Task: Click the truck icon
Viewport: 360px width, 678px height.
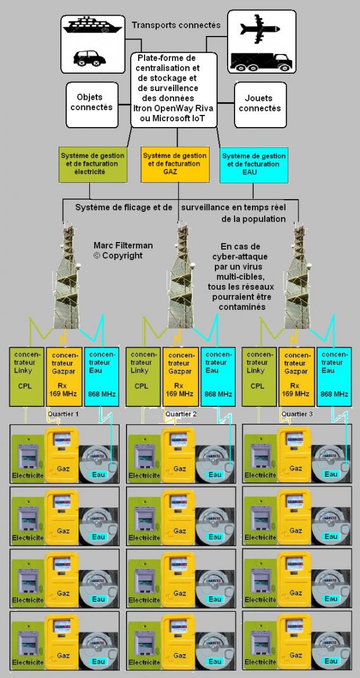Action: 260,60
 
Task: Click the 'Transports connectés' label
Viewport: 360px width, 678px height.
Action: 175,25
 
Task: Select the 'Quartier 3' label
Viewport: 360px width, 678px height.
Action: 296,414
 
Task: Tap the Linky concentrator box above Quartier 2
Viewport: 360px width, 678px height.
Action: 142,376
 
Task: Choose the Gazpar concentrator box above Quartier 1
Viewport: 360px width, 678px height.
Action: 63,376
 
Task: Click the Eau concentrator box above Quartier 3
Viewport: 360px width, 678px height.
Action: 334,376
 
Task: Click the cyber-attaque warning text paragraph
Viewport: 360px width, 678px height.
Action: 237,276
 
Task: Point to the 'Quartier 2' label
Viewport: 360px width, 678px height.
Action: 181,414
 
